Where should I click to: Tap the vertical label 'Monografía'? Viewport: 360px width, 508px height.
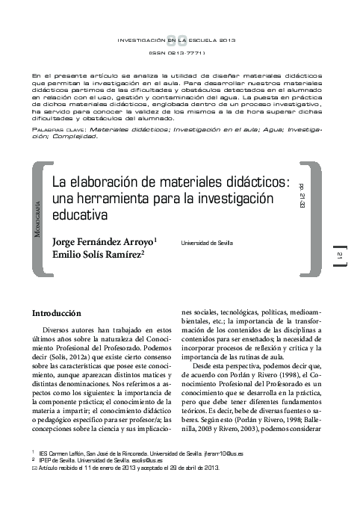click(x=38, y=217)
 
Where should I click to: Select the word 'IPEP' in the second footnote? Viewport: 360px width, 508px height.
click(x=46, y=460)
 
